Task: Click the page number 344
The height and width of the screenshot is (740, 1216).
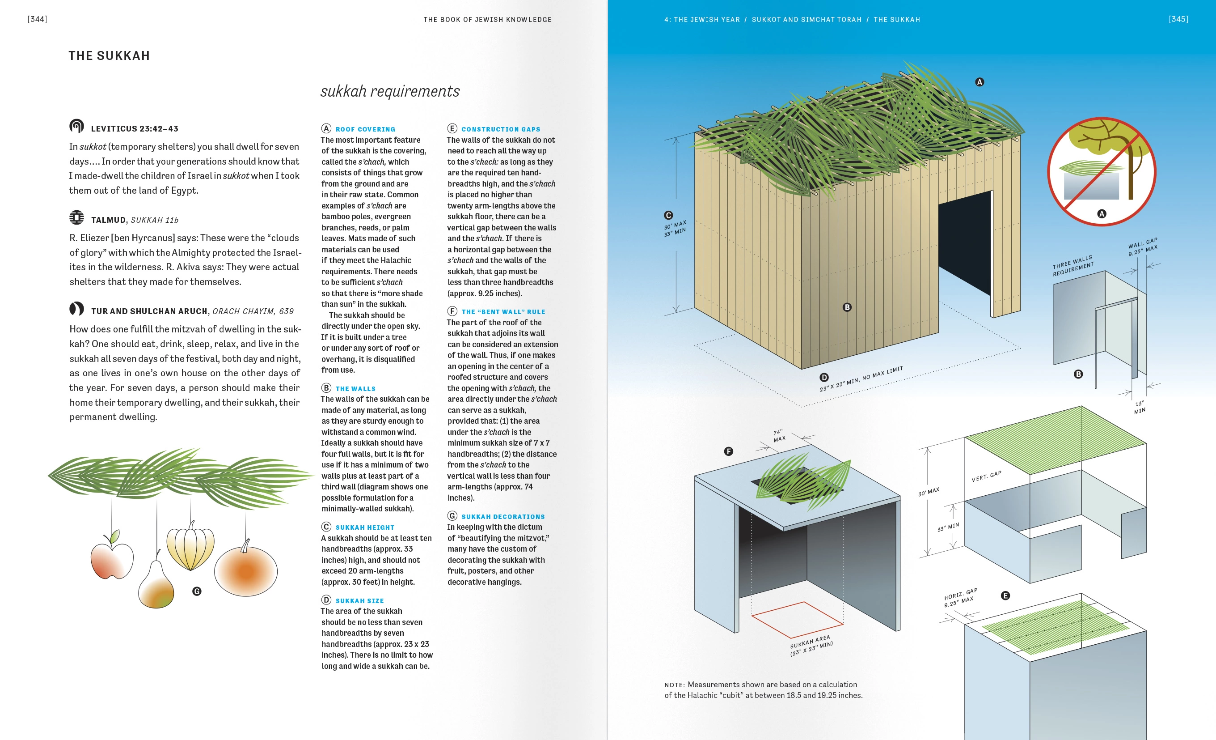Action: tap(37, 19)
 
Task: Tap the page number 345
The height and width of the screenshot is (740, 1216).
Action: tap(1178, 19)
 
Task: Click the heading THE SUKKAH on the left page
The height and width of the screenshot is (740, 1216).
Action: tap(109, 56)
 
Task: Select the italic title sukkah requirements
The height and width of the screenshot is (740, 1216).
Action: tap(390, 91)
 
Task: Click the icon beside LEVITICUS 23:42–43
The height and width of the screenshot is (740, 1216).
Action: tap(76, 127)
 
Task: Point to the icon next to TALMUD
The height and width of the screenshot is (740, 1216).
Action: tap(76, 218)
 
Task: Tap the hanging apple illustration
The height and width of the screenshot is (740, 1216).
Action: tap(112, 560)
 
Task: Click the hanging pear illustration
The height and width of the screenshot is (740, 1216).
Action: tap(156, 585)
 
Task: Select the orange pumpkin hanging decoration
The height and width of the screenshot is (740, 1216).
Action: tap(246, 571)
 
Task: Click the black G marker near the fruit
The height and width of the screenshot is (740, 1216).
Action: tap(197, 591)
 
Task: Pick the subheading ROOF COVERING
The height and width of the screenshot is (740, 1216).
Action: tap(365, 129)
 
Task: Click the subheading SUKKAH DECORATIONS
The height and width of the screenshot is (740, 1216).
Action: tap(503, 517)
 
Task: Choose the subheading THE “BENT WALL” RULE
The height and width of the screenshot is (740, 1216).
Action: tap(503, 312)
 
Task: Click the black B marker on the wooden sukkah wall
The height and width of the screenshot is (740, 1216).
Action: tap(847, 307)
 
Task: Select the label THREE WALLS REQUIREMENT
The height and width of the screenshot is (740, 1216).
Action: tap(1073, 266)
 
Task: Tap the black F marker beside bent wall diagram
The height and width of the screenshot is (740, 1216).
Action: tap(728, 451)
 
